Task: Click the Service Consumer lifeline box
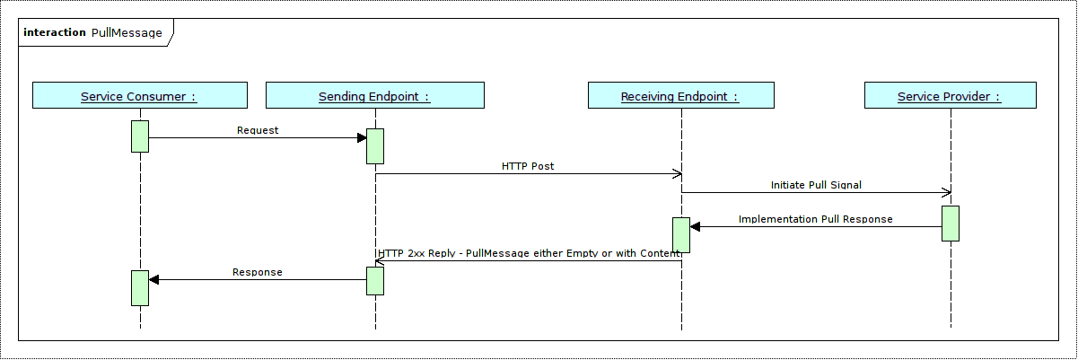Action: tap(139, 96)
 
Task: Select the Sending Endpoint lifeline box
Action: tap(375, 96)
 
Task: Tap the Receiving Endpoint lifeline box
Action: tap(680, 96)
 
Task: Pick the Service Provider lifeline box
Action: tap(950, 96)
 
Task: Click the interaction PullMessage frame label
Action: tap(93, 33)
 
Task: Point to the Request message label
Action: tap(258, 130)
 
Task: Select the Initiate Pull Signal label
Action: tap(816, 185)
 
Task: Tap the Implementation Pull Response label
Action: tap(815, 219)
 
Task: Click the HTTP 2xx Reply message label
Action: tap(530, 254)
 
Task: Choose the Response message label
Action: tap(258, 272)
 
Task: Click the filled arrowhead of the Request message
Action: tap(362, 137)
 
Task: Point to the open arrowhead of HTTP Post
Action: tap(678, 174)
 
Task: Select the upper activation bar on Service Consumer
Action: tap(140, 136)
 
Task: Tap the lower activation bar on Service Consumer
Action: tap(140, 287)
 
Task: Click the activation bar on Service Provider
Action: tap(951, 223)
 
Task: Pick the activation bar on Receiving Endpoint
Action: tap(680, 234)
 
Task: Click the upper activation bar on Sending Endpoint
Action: tap(375, 146)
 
